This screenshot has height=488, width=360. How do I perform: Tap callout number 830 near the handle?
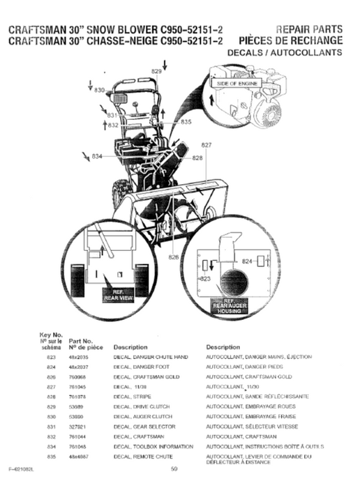(x=100, y=91)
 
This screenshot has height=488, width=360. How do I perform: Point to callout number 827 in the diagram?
(x=207, y=144)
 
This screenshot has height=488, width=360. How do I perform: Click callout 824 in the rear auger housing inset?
(x=246, y=261)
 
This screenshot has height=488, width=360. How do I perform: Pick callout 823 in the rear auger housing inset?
(x=205, y=278)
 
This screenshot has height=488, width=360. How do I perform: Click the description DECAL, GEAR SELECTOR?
(x=144, y=425)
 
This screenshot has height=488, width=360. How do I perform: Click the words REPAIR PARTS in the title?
(x=309, y=29)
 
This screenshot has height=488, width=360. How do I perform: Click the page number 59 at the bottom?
(x=174, y=468)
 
